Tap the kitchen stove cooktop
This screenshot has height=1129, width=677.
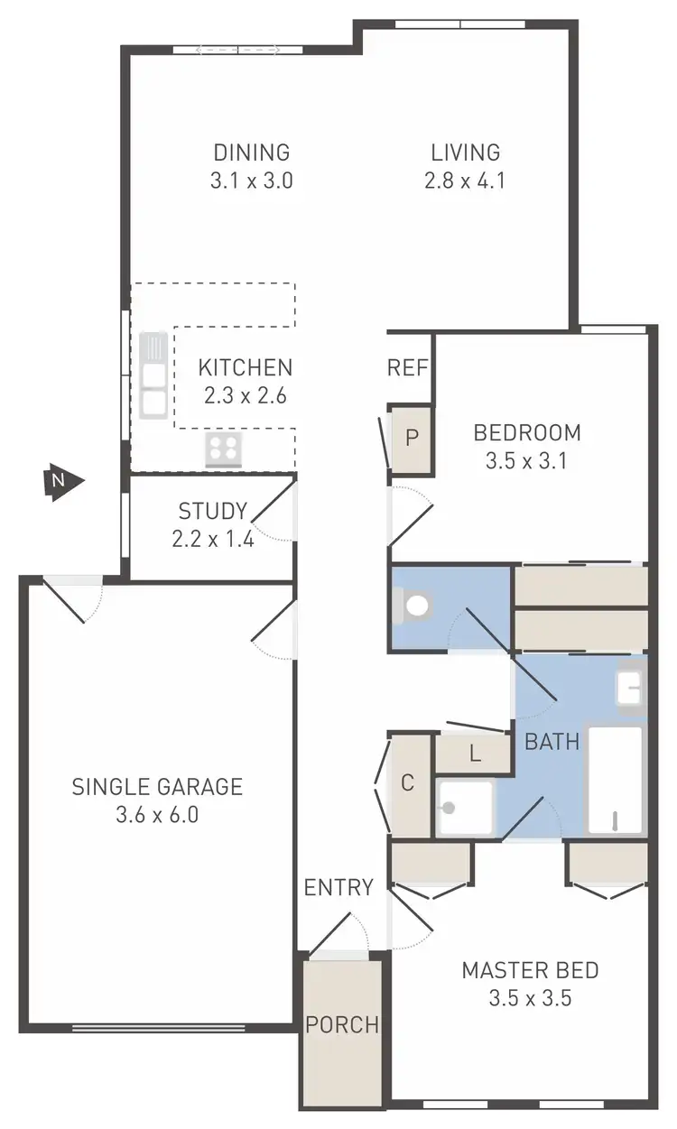223,449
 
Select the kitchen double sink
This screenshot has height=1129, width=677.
153,375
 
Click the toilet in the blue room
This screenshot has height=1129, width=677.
414,606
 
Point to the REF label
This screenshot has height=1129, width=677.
407,368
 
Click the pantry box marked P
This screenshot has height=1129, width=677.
412,440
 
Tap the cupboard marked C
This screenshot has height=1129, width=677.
407,783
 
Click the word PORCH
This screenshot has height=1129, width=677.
341,1025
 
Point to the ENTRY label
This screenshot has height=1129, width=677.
338,887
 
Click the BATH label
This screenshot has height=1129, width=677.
552,743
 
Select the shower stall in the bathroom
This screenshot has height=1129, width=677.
466,808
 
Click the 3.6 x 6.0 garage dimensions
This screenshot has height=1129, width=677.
157,816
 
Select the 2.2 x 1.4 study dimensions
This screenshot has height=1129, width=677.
212,540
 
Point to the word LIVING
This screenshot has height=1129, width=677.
465,152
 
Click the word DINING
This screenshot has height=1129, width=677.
252,152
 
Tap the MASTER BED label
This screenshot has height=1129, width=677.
530,971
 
